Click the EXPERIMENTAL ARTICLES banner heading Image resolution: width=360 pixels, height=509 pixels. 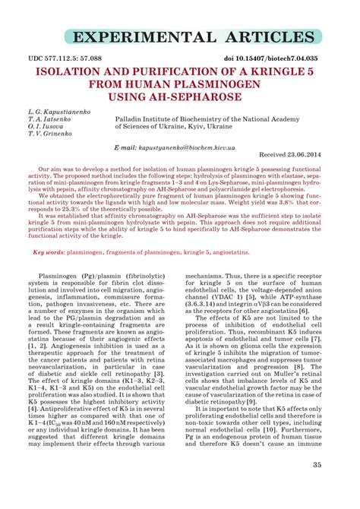point(180,37)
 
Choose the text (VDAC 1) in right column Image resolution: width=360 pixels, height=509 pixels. point(231,315)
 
